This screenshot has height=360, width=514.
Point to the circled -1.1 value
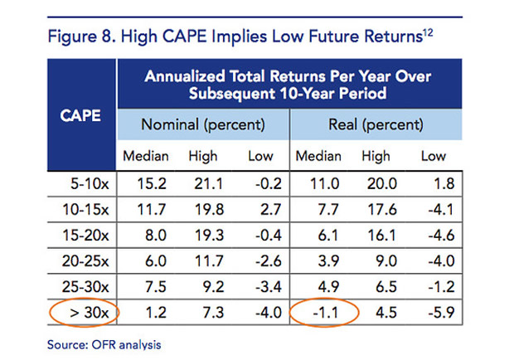325,314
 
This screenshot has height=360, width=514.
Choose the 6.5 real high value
378,288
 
